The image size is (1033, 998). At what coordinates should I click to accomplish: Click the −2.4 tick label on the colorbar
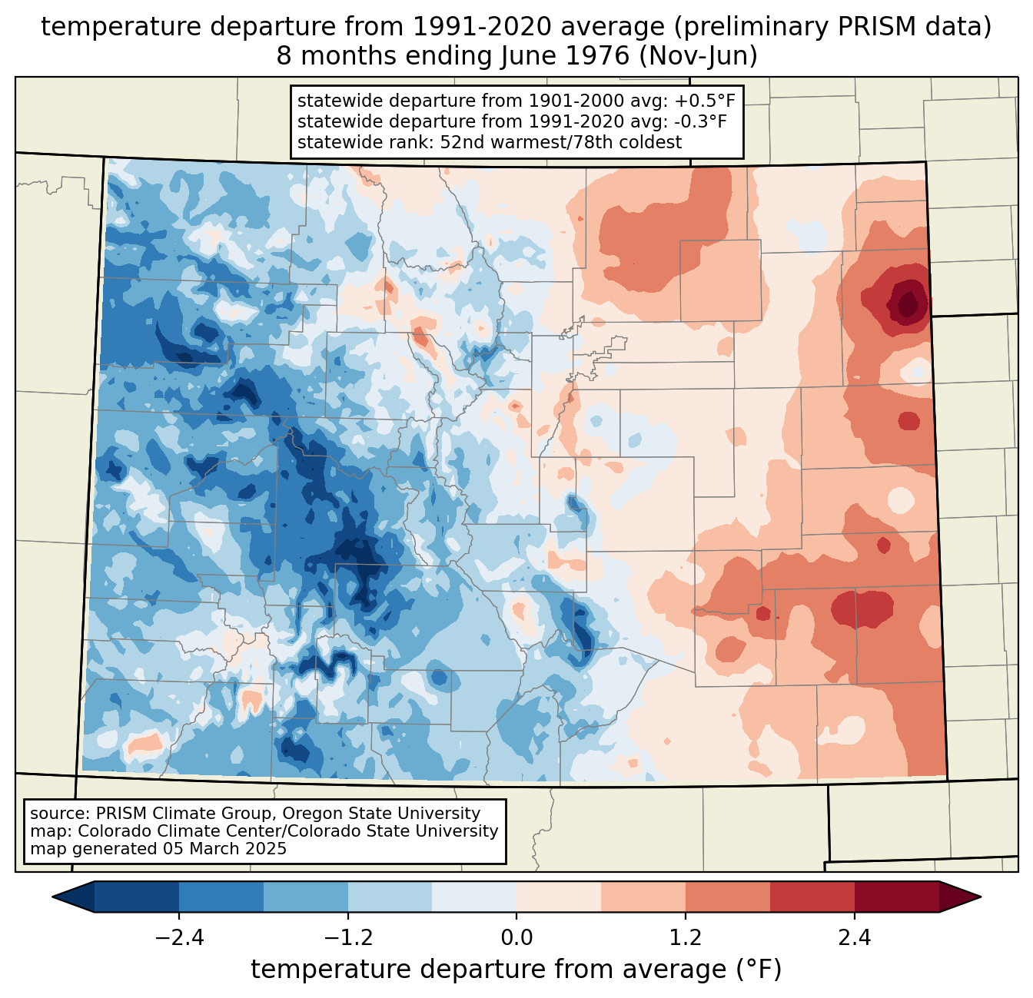179,938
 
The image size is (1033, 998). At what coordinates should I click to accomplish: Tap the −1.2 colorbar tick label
347,938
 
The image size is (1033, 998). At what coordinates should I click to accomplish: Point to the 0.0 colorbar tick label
516,938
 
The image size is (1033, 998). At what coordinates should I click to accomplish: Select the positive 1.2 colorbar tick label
686,938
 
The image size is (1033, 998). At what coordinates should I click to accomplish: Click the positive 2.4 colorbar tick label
854,938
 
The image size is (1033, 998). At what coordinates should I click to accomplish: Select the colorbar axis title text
516,970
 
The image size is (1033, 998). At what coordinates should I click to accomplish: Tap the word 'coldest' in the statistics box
653,142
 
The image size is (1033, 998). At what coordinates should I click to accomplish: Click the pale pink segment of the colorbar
559,897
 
